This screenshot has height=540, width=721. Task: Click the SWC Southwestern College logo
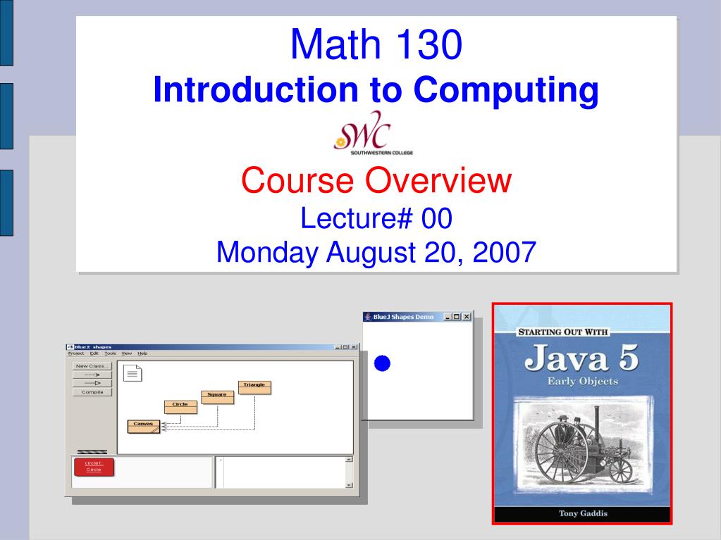373,132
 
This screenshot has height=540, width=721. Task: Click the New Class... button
92,366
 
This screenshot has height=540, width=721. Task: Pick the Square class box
217,396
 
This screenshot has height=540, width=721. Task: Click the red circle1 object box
94,466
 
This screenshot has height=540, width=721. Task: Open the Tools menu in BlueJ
111,353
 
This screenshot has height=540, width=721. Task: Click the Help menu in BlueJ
142,353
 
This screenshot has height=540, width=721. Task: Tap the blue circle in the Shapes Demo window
382,363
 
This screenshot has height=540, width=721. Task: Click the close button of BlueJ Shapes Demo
466,317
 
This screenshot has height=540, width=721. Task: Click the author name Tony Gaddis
582,513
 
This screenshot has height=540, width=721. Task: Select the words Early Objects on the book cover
582,382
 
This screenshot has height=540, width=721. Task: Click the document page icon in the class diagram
133,373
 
